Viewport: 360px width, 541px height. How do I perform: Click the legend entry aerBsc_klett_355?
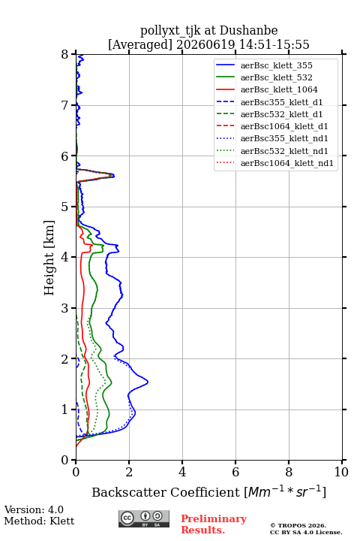[x=276, y=65]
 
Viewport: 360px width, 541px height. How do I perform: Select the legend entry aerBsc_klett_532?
[x=276, y=77]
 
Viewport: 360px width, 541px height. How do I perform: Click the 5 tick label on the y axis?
[x=65, y=207]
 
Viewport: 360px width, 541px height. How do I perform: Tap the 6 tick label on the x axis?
[x=235, y=472]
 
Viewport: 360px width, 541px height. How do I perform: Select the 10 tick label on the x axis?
[x=341, y=472]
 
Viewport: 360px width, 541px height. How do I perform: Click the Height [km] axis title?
[x=49, y=258]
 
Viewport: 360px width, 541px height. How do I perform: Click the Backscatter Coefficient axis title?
[x=208, y=491]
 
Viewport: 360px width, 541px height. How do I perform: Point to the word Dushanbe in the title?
[x=248, y=31]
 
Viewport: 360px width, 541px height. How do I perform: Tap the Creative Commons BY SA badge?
[x=144, y=518]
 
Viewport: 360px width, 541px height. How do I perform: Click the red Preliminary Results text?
[x=214, y=524]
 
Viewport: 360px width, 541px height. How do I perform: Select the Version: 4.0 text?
[x=34, y=509]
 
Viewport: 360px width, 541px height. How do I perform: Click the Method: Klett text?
[x=39, y=521]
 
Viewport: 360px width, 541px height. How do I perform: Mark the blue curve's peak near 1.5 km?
[x=148, y=382]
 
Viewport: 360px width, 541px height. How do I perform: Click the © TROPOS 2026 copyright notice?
[x=298, y=526]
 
